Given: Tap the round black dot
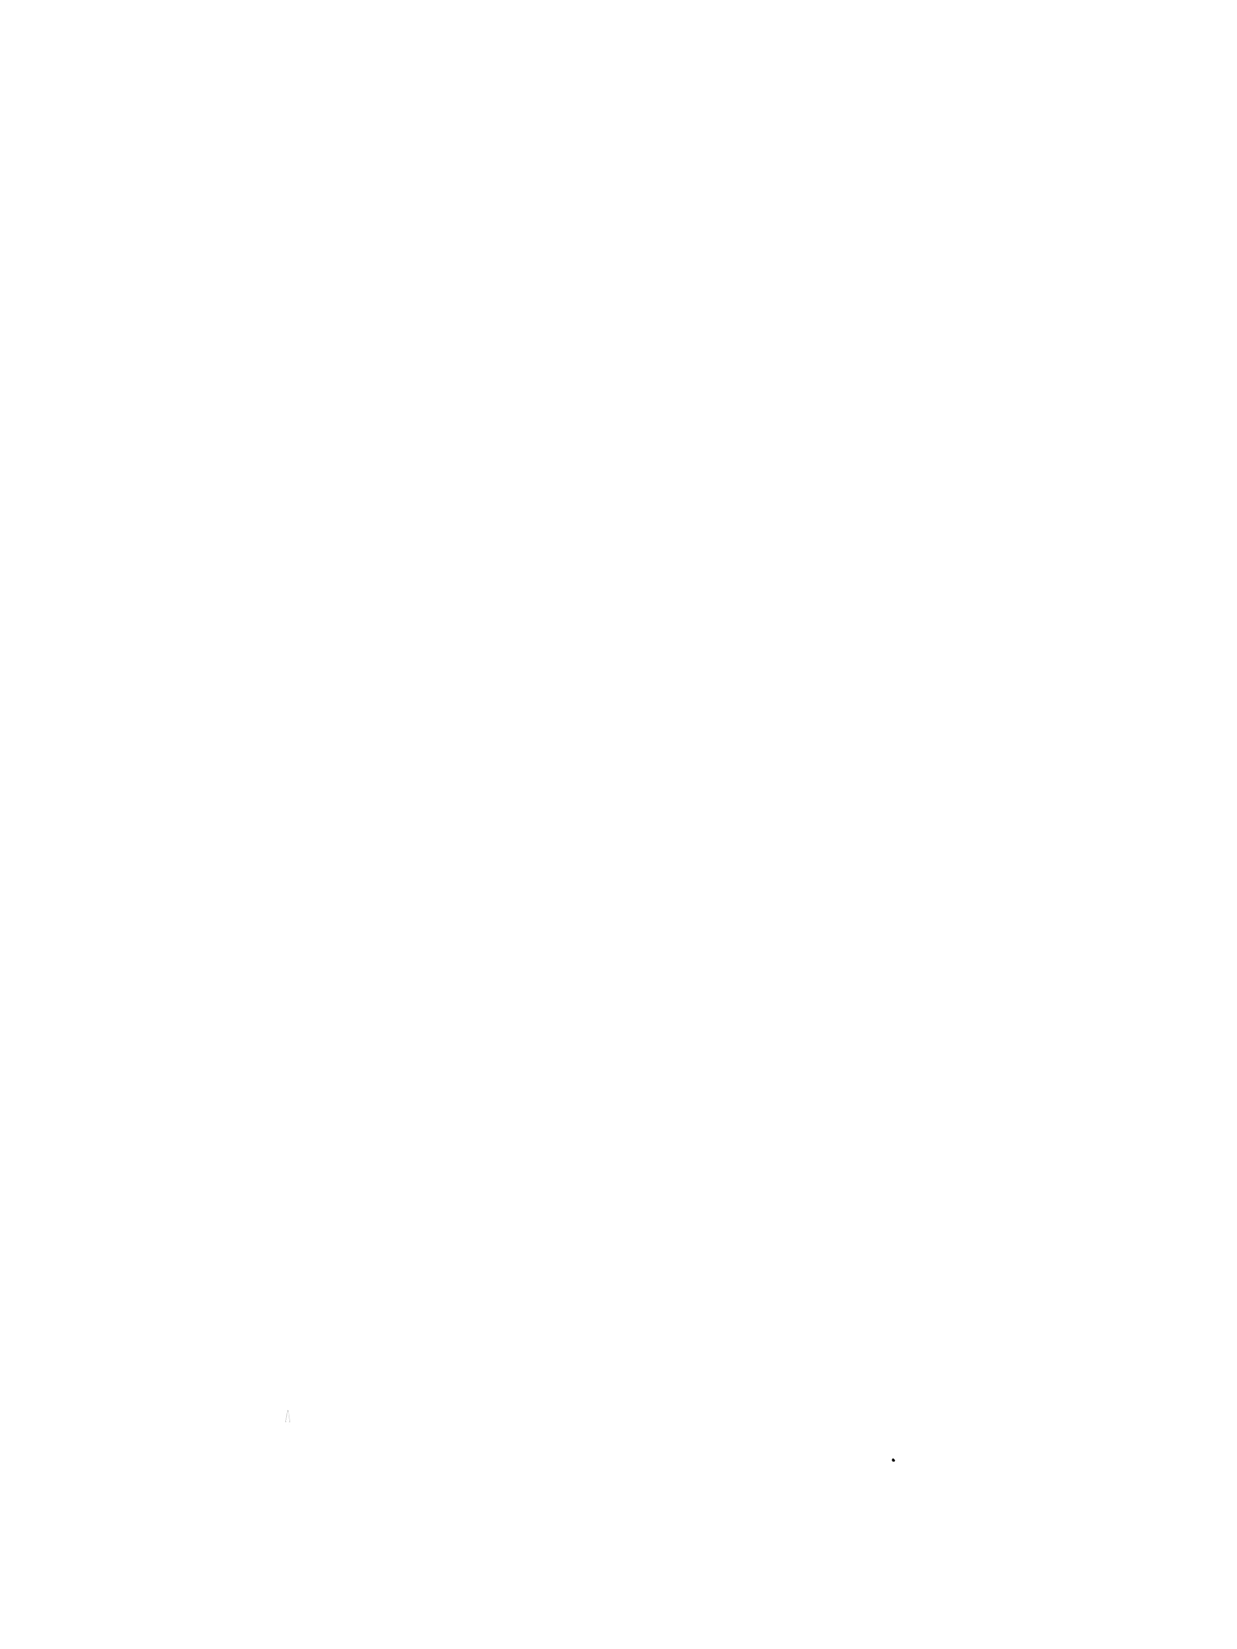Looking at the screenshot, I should pos(893,1460).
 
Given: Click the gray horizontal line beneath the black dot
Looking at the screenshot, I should pos(894,1463).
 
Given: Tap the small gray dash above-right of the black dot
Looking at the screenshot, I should pos(896,1459).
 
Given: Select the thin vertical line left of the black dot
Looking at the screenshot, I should pos(891,1460).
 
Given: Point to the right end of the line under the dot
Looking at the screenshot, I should pos(896,1463).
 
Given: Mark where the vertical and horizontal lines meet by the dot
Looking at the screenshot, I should pos(891,1463).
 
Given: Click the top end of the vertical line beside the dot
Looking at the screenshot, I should pos(891,1458).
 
